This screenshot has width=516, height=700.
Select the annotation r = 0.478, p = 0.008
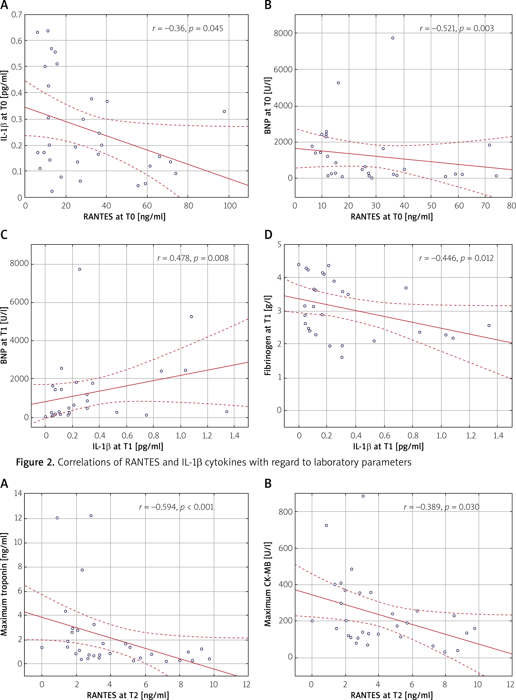coord(193,258)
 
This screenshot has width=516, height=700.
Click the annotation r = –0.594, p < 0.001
coord(176,507)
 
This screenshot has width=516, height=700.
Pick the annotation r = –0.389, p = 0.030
coord(441,507)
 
